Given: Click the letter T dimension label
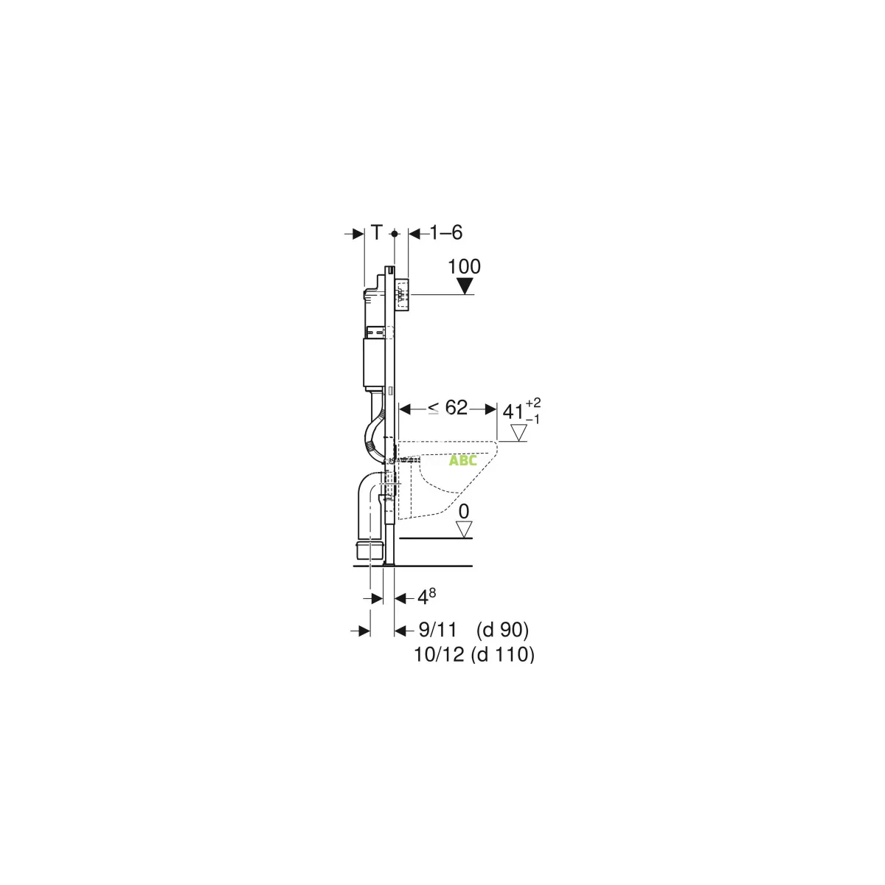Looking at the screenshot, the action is point(376,232).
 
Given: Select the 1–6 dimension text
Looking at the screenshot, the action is point(446,233).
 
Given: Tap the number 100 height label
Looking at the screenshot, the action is point(464,266).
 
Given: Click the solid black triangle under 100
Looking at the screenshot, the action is point(465,286).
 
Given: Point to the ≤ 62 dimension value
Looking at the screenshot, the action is point(448,407).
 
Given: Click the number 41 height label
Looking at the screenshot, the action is point(514,412).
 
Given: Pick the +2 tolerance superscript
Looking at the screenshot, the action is point(534,403).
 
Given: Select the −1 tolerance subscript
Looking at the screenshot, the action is point(532,420).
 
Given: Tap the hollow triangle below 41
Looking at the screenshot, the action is point(519,433).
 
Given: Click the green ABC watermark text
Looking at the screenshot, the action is point(463,460).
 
